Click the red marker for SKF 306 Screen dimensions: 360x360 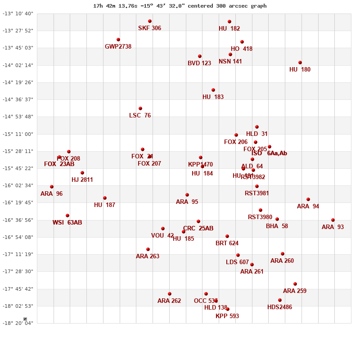150,21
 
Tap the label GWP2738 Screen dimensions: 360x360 118,46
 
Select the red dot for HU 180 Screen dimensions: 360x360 300,63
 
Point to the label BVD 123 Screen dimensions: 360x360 199,63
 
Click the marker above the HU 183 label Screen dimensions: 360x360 213,90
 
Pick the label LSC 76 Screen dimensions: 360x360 140,115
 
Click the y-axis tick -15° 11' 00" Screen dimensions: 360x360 18,134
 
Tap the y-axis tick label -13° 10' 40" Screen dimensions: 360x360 18,13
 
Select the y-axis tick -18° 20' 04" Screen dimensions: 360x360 18,323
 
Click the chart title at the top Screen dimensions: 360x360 180,6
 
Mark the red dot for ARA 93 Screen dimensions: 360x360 333,220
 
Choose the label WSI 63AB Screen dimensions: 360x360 67,222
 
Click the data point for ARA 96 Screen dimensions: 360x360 52,187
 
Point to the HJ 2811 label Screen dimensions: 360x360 82,180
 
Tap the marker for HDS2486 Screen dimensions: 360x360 280,300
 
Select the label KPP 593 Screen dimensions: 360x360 227,316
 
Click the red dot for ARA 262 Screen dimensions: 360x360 170,294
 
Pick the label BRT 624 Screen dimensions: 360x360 227,243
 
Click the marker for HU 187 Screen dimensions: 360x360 105,198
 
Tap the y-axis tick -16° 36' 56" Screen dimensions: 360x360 18,220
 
